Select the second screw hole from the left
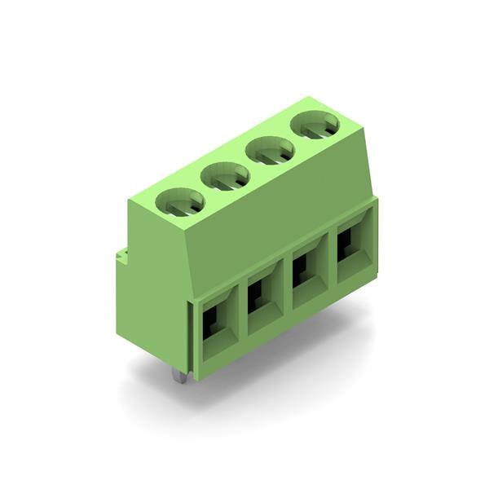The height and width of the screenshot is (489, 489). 226,175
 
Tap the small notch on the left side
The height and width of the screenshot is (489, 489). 121,256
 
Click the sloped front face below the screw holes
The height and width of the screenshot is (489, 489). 269,220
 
